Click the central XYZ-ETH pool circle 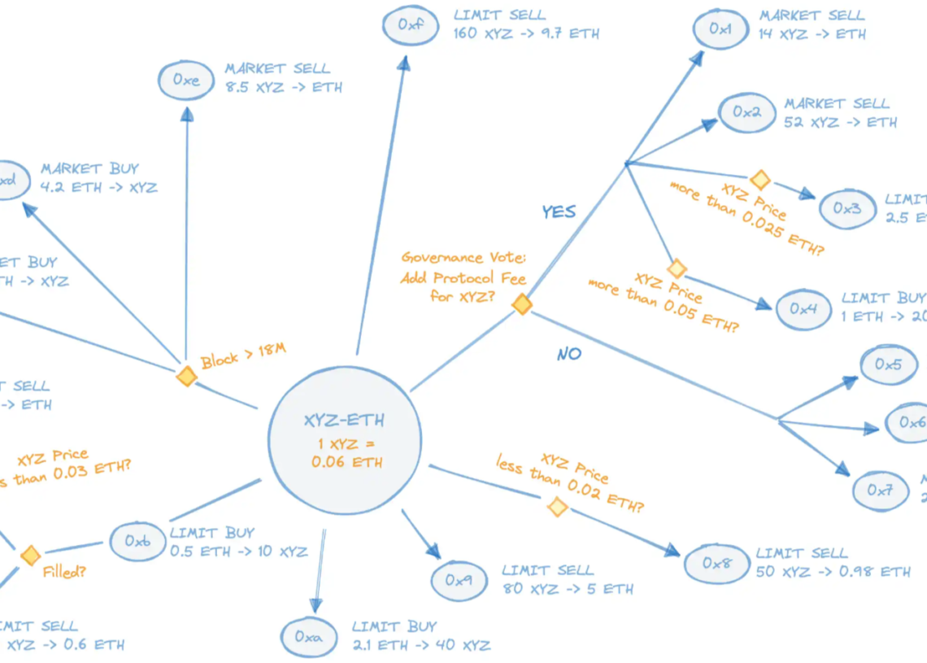(x=345, y=440)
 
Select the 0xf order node (x=411, y=25)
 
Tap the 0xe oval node (x=186, y=80)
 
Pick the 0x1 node (x=720, y=29)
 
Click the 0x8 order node (x=716, y=563)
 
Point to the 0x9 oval (x=459, y=580)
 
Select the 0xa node (x=308, y=637)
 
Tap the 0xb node (x=138, y=540)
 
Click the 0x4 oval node (x=803, y=309)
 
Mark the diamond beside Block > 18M (x=187, y=376)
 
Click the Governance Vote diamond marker (x=522, y=305)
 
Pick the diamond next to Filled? (x=31, y=556)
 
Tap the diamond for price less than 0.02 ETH (x=557, y=508)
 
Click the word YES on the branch (x=559, y=212)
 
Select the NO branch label (x=569, y=354)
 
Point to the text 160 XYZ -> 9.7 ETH (x=527, y=34)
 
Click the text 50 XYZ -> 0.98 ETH (x=833, y=572)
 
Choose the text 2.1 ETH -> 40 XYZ (x=421, y=645)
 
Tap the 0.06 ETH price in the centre (x=346, y=462)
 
